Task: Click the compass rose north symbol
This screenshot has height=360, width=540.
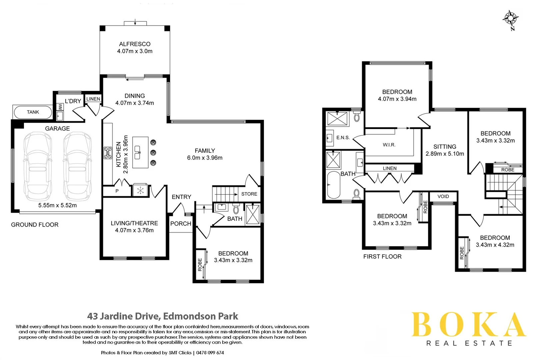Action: tap(510, 19)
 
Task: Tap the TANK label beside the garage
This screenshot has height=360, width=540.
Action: tap(33, 112)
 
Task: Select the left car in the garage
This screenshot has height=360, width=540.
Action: tap(38, 166)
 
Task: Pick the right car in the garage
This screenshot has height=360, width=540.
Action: tap(77, 166)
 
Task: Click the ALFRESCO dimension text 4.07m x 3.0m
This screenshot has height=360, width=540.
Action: tap(135, 51)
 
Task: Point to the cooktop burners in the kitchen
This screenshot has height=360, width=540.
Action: tap(108, 153)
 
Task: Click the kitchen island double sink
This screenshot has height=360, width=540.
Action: tap(137, 152)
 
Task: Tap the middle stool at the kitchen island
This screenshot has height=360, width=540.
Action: tap(153, 153)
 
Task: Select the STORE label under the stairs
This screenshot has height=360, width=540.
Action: tap(249, 194)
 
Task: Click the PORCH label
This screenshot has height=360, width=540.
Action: tap(181, 224)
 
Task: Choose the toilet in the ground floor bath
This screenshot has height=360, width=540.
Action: tap(236, 209)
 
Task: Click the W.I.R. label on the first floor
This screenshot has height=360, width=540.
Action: tap(389, 145)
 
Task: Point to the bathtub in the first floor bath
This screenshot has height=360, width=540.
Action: tap(334, 185)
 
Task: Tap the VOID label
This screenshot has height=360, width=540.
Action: tap(443, 196)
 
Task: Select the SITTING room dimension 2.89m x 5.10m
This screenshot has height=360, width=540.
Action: tap(445, 154)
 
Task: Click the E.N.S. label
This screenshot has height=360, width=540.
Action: tap(343, 137)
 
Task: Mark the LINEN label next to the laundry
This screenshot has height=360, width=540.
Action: tap(93, 99)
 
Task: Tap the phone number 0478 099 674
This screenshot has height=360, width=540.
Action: tap(210, 353)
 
